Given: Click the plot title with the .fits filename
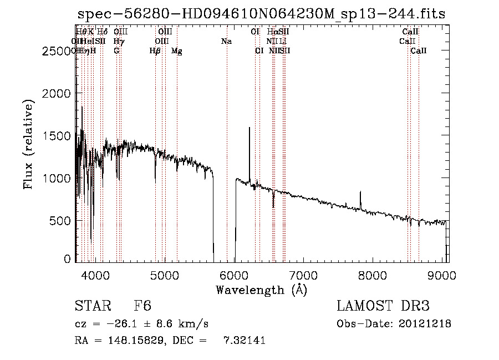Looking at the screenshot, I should (261, 14).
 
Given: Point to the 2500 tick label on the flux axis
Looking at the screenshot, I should (57, 51).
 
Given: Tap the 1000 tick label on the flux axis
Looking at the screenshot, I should (57, 178).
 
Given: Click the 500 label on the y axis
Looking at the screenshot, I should (61, 220).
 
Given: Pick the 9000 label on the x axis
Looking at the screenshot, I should (442, 275).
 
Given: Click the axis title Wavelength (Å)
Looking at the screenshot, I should (261, 290).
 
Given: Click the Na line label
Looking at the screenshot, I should (226, 41).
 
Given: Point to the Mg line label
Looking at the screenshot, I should (177, 51).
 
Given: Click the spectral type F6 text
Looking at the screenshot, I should (143, 306).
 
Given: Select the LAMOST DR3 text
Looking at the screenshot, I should (383, 306).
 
